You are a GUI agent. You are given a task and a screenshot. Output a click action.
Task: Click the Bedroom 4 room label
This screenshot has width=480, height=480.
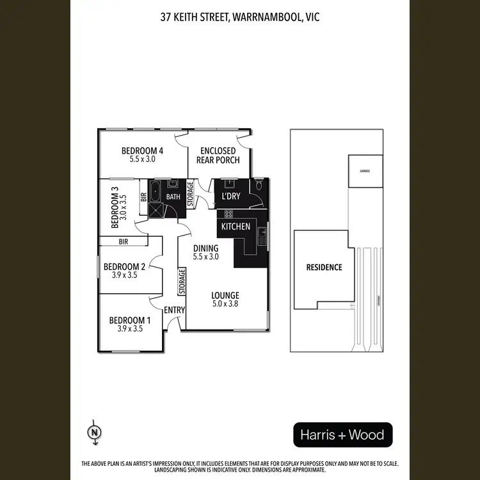[143, 151]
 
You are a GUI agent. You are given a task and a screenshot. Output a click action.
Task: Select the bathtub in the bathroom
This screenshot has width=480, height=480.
[155, 191]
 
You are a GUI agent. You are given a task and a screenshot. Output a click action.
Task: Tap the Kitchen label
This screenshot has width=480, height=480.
[236, 227]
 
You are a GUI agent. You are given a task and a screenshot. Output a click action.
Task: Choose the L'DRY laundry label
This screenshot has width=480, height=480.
[230, 196]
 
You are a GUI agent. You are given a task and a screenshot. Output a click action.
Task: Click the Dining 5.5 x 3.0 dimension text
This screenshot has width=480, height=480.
[206, 257]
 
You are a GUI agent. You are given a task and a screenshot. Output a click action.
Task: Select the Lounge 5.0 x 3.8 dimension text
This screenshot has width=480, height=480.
[225, 304]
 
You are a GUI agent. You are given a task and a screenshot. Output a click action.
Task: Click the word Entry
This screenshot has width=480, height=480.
[174, 310]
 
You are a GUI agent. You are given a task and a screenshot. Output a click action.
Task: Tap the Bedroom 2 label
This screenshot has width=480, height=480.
[125, 267]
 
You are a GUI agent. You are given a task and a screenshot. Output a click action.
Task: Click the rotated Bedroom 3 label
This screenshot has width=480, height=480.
[116, 207]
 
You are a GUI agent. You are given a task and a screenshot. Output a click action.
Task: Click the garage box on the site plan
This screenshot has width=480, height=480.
[365, 171]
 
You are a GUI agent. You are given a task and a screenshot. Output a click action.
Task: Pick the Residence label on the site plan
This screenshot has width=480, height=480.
[324, 268]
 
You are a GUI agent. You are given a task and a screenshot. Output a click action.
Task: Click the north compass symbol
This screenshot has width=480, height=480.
[95, 433]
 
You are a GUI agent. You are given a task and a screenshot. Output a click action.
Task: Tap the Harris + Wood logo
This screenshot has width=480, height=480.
[342, 436]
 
